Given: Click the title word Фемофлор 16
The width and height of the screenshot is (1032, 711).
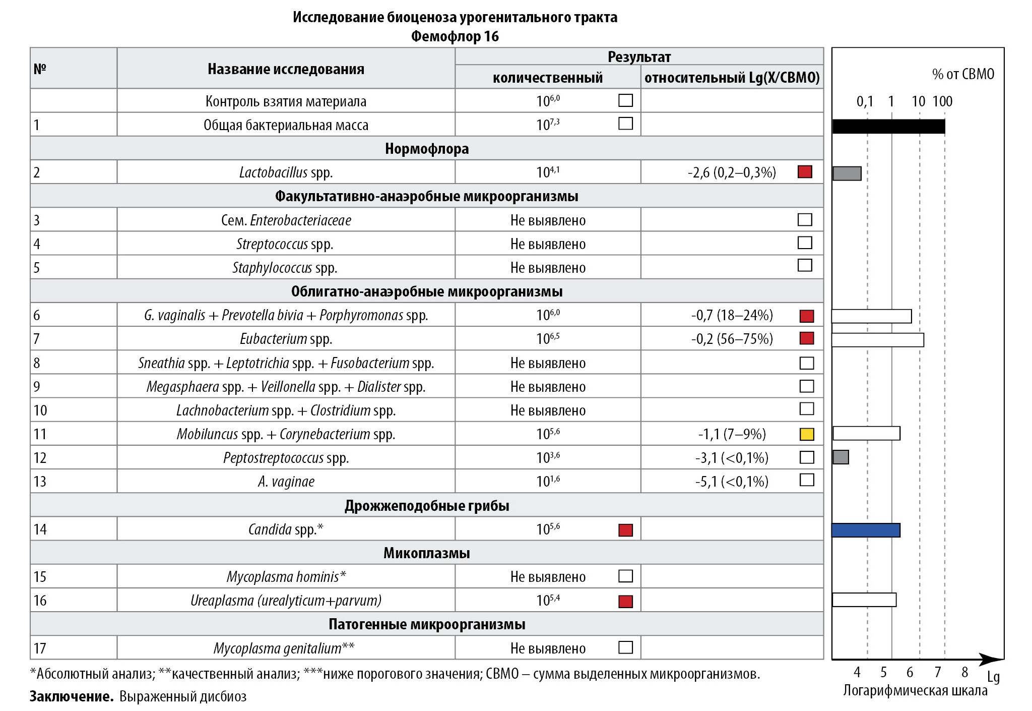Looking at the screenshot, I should point(455,36).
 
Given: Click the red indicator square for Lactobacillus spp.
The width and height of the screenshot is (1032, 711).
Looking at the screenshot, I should point(805,172).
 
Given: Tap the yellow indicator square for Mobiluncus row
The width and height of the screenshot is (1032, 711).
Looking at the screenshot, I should point(807,434).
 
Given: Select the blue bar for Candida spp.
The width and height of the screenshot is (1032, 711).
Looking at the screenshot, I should point(865,530).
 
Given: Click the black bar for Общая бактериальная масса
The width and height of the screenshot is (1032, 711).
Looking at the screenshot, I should point(888,126).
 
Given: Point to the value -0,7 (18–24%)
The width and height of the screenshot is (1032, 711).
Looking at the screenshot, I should point(732,316).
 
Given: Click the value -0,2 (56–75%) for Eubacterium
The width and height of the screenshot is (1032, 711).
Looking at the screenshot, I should point(732,339).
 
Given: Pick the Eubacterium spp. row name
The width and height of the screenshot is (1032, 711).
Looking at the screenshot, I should point(286,339).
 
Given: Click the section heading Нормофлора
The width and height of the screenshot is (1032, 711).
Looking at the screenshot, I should point(426,149).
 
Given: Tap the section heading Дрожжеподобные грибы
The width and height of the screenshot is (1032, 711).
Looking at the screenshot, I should point(426,506).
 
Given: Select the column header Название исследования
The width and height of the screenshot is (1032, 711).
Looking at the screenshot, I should point(286,69).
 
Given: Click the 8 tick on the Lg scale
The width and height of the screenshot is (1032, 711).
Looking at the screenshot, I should point(964,672).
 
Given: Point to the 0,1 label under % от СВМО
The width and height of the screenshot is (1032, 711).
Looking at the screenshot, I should point(865,102).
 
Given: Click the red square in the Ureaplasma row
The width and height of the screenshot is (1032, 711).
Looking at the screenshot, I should point(625,601).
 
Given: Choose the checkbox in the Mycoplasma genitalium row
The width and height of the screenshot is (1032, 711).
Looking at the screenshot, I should point(625,647).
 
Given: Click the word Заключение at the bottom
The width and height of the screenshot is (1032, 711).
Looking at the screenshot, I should point(71,697).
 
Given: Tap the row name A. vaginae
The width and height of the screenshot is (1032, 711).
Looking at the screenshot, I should point(286,482).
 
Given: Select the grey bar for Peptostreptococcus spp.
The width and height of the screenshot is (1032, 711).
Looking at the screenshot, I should point(841,457).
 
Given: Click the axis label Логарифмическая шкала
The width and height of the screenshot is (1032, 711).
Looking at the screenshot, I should point(915,691).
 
